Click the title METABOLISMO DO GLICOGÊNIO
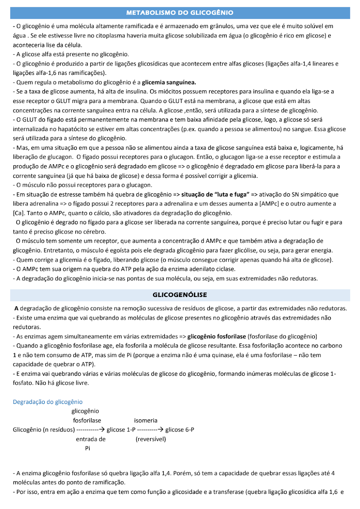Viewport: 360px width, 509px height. [180, 13]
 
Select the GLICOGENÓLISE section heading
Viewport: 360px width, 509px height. [180, 295]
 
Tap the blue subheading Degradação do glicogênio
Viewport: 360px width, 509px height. [48, 402]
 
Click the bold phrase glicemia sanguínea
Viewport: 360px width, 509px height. [169, 82]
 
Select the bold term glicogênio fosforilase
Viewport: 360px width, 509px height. [216, 337]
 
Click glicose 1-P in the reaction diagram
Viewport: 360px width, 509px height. [121, 429]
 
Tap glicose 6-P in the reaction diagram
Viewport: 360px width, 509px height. [180, 429]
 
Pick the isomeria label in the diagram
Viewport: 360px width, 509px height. [145, 420]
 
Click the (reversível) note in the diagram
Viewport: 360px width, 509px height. [150, 439]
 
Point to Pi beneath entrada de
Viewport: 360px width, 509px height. [87, 448]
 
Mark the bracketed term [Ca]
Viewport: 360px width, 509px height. [18, 213]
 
